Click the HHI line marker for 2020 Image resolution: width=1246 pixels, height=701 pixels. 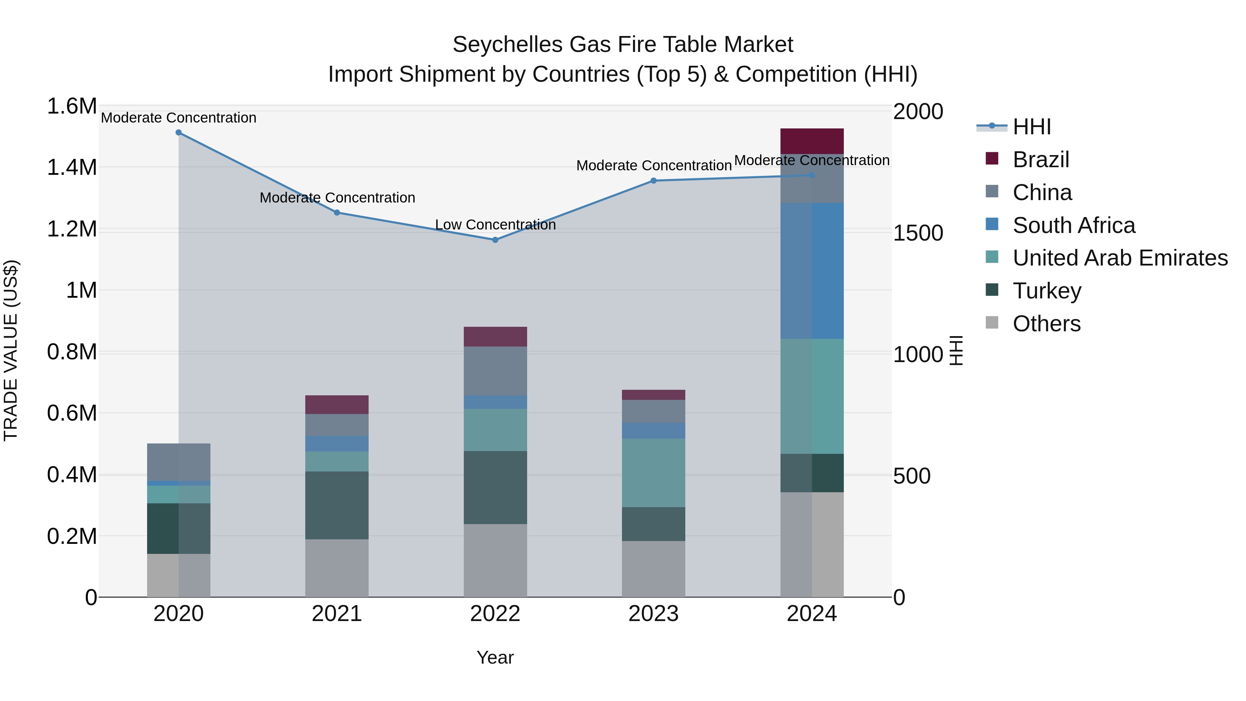pyautogui.click(x=179, y=133)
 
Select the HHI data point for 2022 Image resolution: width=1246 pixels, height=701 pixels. pyautogui.click(x=495, y=240)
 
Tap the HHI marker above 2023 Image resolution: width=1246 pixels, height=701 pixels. pyautogui.click(x=653, y=181)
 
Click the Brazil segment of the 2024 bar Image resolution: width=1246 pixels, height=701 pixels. pyautogui.click(x=812, y=141)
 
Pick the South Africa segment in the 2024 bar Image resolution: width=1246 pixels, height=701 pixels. pyautogui.click(x=812, y=271)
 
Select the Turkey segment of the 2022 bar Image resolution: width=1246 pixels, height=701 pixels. pyautogui.click(x=495, y=488)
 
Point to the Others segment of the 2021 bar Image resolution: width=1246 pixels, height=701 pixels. pyautogui.click(x=337, y=568)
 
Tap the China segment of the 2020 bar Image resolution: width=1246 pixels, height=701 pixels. pyautogui.click(x=179, y=462)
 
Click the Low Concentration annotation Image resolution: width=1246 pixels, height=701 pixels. pyautogui.click(x=495, y=225)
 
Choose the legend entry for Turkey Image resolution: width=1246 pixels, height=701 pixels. pyautogui.click(x=1047, y=291)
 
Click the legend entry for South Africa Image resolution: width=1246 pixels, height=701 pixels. pyautogui.click(x=1073, y=225)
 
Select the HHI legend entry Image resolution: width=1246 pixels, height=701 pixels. pyautogui.click(x=1031, y=127)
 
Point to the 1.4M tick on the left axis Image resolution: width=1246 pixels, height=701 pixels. pyautogui.click(x=72, y=168)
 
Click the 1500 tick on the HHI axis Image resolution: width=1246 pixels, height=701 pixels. pyautogui.click(x=918, y=233)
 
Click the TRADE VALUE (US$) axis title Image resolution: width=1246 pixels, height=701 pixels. pyautogui.click(x=11, y=350)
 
